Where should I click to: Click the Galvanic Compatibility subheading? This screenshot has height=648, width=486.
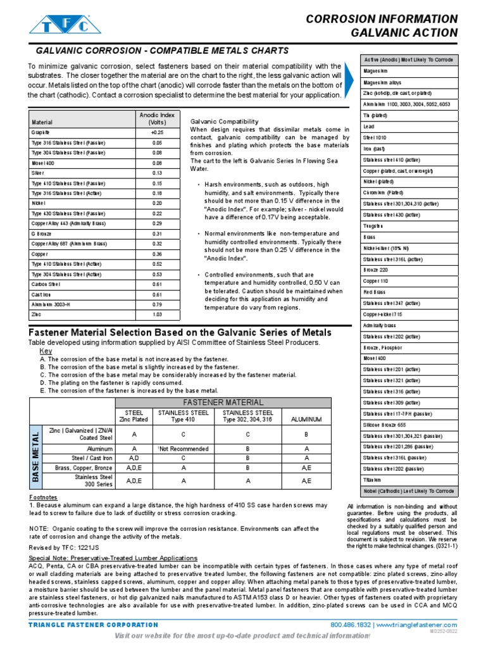(224, 121)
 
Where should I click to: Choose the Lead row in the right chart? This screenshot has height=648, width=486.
(370, 127)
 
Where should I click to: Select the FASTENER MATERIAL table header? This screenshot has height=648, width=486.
(223, 402)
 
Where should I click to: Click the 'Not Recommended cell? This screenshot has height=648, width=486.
(184, 449)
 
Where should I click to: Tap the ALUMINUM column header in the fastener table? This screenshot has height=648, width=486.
(306, 419)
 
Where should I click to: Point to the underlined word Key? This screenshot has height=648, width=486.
(46, 351)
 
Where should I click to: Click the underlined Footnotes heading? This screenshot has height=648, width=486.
(44, 497)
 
